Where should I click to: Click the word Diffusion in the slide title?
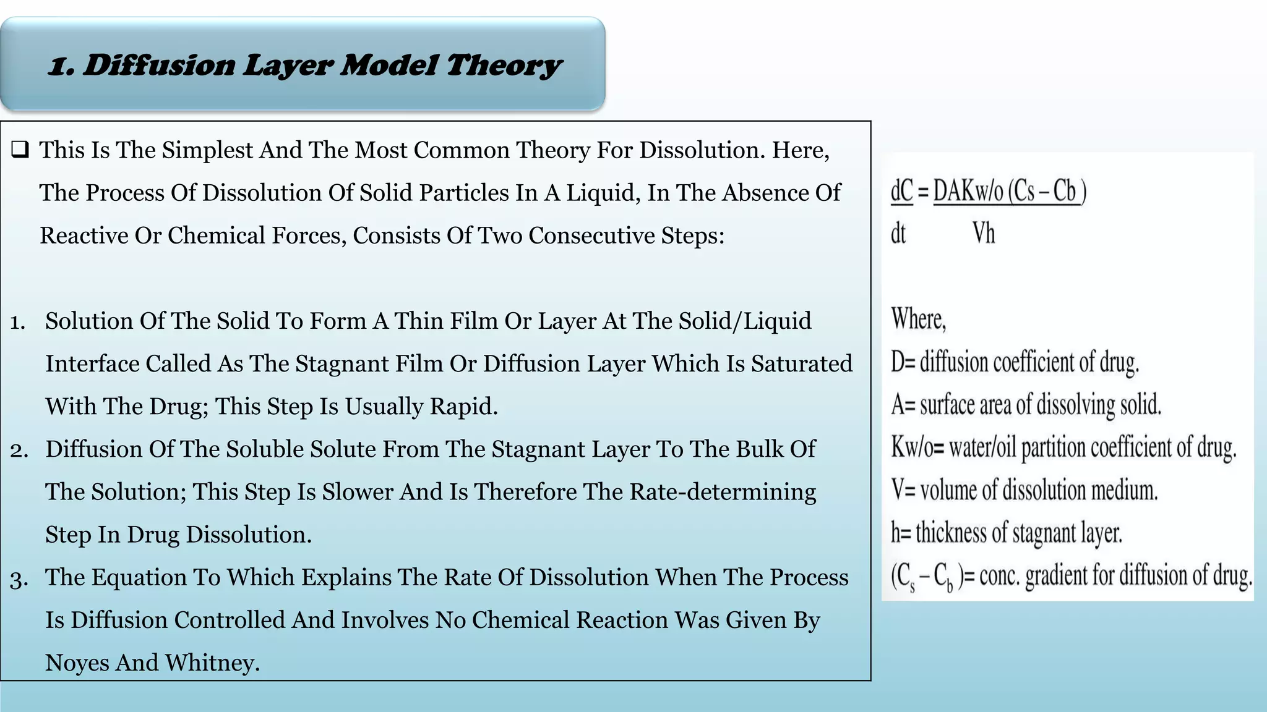tap(158, 66)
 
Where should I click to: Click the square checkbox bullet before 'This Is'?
tap(20, 150)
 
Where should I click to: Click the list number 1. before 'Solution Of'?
tap(18, 322)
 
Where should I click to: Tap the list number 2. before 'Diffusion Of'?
tap(19, 450)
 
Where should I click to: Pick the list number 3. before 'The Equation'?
tap(19, 578)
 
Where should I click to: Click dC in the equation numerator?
tap(901, 191)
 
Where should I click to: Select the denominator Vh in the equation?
tap(984, 234)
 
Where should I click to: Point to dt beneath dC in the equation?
tap(898, 234)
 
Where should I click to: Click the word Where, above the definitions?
tap(919, 319)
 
